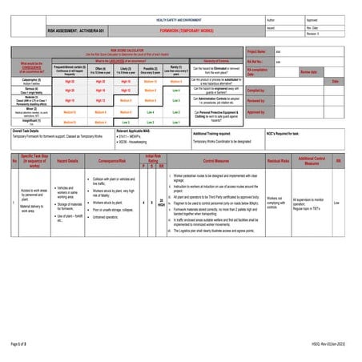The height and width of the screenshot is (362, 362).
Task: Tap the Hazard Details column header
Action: [x=68, y=161]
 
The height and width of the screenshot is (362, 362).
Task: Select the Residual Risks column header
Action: [x=276, y=161]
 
